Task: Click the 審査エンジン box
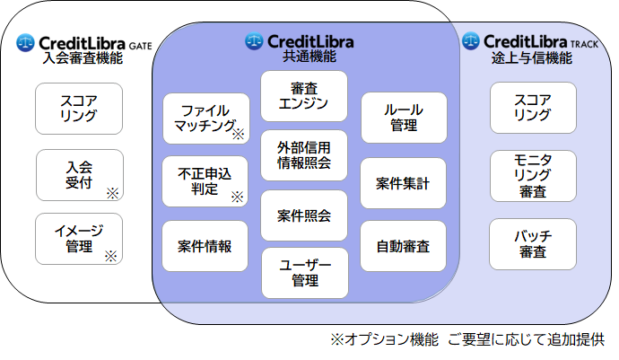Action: (304, 96)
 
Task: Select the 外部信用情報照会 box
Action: (304, 155)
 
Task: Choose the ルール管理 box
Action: (403, 118)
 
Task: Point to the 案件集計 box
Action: (403, 184)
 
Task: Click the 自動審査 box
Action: (403, 246)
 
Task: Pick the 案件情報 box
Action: (205, 246)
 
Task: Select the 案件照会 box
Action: (304, 215)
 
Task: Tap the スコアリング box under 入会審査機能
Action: (79, 108)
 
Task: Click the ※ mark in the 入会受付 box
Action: (112, 192)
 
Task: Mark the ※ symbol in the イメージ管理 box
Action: (111, 255)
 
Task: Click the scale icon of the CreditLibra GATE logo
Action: (25, 41)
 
